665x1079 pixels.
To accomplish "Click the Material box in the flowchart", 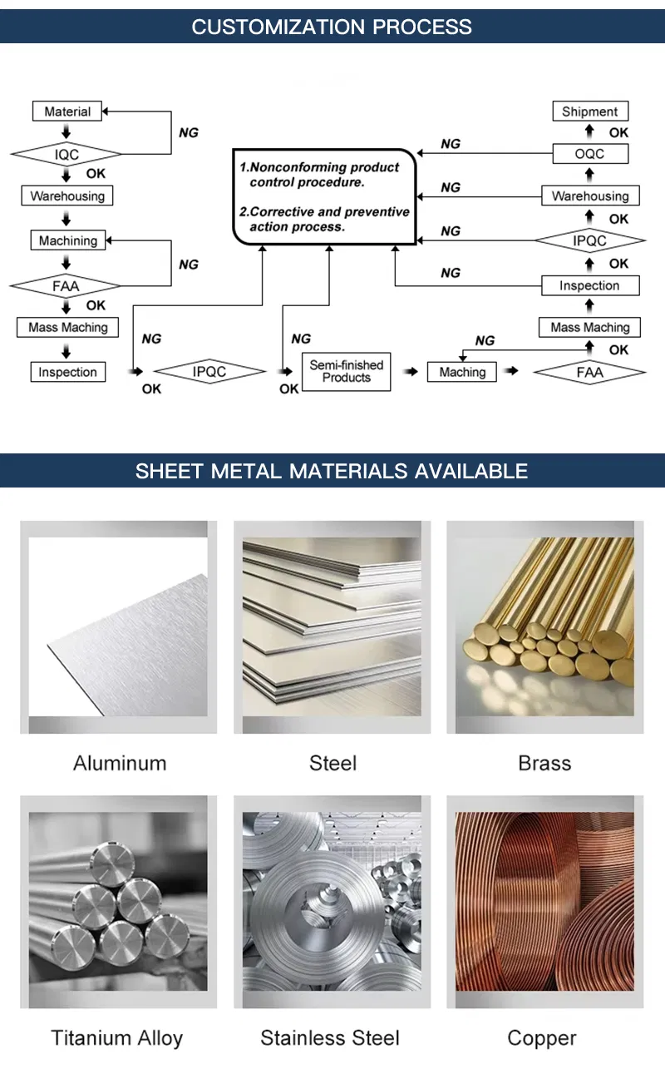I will [67, 111].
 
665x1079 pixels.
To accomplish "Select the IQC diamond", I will [66, 154].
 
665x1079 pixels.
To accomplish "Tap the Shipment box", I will [589, 111].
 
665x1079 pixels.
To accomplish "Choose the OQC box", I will [589, 154].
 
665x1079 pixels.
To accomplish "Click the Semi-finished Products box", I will [346, 371].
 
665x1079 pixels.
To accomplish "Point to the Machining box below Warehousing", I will [67, 240].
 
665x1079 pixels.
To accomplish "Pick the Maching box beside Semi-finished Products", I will [462, 372].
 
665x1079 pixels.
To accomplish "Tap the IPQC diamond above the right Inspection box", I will [589, 240].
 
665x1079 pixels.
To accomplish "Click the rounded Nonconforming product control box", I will [324, 197].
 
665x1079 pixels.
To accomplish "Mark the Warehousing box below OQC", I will [589, 196].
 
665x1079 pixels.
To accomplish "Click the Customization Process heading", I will [332, 27].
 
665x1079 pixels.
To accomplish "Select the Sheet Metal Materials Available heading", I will [332, 470].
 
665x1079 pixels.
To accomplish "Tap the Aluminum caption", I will [120, 763].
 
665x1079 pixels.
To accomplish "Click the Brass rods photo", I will [544, 626].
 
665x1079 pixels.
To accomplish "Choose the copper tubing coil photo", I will [544, 901].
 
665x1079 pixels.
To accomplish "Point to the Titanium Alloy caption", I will [117, 1037].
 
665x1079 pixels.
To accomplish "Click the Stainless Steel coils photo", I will [332, 901].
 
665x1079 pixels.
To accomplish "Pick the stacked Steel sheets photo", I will [332, 626].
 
